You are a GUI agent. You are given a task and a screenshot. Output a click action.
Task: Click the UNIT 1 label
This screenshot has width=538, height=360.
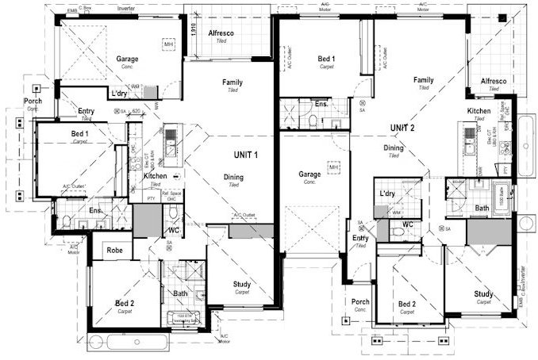point(245,154)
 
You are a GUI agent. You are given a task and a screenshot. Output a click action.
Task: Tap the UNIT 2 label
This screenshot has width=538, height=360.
point(403,128)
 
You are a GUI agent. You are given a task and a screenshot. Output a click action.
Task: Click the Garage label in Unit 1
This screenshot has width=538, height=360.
point(129,59)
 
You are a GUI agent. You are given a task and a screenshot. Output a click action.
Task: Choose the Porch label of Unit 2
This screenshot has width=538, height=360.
point(360,302)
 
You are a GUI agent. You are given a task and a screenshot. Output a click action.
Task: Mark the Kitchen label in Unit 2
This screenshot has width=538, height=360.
point(478,110)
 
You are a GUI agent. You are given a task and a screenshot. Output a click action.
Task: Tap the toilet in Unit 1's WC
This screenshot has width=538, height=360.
point(173,214)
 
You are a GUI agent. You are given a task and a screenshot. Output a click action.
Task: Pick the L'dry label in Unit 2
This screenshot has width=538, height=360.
point(387,193)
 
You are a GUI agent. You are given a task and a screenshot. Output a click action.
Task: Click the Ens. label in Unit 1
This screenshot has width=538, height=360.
point(95,210)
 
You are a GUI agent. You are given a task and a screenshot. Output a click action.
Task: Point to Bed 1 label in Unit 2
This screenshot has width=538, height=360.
point(326,59)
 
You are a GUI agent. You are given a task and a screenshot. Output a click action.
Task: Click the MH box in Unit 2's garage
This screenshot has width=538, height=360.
point(333,168)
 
